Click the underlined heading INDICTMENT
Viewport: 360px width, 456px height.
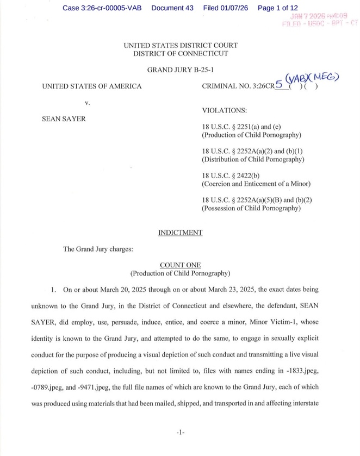coord(180,233)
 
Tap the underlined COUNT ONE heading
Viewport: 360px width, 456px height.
coord(180,265)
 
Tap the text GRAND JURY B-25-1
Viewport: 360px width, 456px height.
coord(180,71)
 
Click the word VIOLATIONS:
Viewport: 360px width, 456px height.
coord(224,110)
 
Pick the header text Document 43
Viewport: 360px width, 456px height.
coord(172,8)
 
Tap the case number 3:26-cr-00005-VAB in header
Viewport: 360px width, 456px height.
coord(102,8)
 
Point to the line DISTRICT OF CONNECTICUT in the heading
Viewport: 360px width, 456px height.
coord(180,54)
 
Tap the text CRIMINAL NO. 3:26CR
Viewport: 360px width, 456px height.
coord(237,86)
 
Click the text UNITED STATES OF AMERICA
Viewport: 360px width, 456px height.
coord(91,86)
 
